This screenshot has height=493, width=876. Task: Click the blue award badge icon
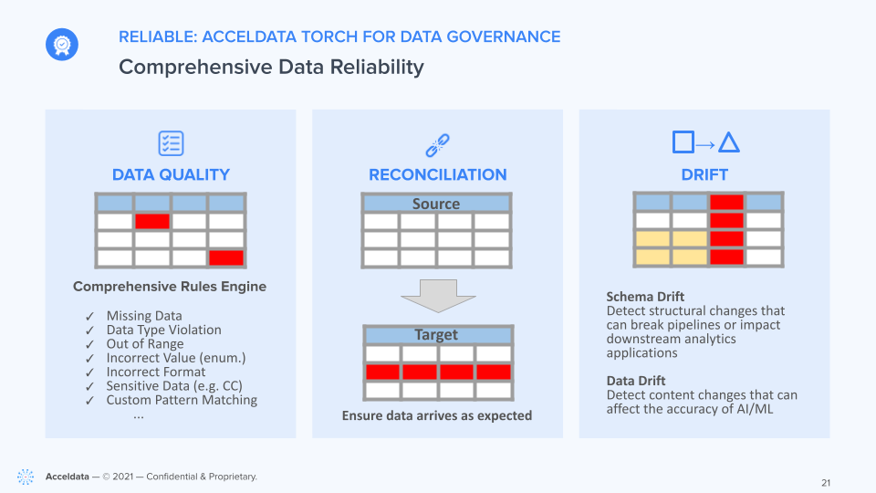pyautogui.click(x=62, y=44)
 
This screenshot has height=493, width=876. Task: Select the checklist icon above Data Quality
pyautogui.click(x=171, y=143)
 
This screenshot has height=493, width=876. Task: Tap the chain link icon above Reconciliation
pyautogui.click(x=437, y=145)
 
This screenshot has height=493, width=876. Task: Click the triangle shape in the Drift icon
pyautogui.click(x=728, y=142)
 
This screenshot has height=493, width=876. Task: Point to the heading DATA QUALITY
pyautogui.click(x=171, y=175)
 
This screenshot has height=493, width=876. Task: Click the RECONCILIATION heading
pyautogui.click(x=437, y=175)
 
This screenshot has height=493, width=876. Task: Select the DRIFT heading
pyautogui.click(x=704, y=175)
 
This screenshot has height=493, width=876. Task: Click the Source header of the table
pyautogui.click(x=436, y=204)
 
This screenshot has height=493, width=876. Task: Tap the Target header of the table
pyautogui.click(x=436, y=335)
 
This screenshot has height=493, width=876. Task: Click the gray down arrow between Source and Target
pyautogui.click(x=438, y=296)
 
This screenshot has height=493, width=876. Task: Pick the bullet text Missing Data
pyautogui.click(x=144, y=316)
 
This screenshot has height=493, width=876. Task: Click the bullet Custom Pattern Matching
pyautogui.click(x=182, y=400)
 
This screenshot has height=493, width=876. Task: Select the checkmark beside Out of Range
pyautogui.click(x=90, y=344)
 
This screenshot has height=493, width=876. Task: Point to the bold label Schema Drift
pyautogui.click(x=645, y=296)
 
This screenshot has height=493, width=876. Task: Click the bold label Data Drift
pyautogui.click(x=636, y=381)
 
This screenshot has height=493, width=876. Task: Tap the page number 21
pyautogui.click(x=826, y=483)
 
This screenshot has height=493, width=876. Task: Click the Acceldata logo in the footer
pyautogui.click(x=26, y=477)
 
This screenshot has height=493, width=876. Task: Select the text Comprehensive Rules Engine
pyautogui.click(x=170, y=287)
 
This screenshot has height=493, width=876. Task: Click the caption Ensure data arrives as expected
pyautogui.click(x=437, y=416)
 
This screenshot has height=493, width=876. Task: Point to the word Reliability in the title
pyautogui.click(x=377, y=67)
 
